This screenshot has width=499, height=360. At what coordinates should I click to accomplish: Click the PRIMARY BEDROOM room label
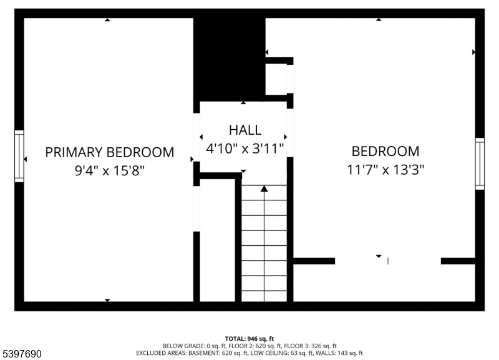(110, 152)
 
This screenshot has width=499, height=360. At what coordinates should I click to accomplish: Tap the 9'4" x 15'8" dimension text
(110, 171)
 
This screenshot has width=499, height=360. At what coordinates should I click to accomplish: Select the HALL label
(245, 130)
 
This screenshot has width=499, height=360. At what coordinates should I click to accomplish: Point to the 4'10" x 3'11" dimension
(245, 148)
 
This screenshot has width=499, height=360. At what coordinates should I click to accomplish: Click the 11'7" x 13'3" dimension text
(385, 170)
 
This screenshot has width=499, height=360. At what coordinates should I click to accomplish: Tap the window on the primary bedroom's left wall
(19, 156)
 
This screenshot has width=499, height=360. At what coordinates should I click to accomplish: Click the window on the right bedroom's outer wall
(480, 163)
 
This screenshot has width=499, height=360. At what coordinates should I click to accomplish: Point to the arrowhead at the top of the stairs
(264, 189)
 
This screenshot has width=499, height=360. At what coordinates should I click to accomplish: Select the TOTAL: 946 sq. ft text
(249, 339)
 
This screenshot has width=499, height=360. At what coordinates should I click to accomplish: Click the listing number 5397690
(22, 354)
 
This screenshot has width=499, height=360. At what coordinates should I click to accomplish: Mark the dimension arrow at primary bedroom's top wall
(107, 20)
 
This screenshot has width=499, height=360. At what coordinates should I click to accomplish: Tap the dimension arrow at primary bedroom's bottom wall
(107, 300)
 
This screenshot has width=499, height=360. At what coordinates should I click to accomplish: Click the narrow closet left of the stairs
(217, 240)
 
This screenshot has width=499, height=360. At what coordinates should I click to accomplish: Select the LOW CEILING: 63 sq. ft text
(282, 353)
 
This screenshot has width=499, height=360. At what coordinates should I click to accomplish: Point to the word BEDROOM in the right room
(385, 151)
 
